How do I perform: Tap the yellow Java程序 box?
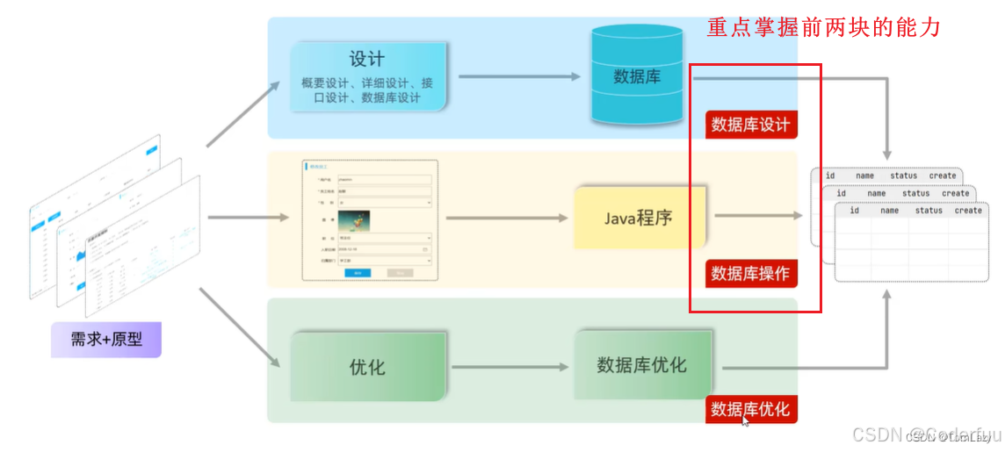click(638, 217)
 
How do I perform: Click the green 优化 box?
click(367, 366)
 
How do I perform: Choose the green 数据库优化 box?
click(642, 364)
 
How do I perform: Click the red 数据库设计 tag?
click(750, 125)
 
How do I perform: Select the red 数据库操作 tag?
click(750, 273)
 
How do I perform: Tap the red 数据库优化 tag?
click(750, 409)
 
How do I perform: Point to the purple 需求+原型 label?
click(106, 339)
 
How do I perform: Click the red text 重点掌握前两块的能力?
click(823, 28)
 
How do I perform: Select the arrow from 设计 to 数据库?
click(519, 76)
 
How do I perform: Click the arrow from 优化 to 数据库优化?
click(509, 366)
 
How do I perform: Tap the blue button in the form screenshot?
click(357, 273)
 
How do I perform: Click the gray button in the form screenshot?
click(400, 273)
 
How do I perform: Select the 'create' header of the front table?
click(968, 211)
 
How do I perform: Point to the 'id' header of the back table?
click(830, 176)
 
